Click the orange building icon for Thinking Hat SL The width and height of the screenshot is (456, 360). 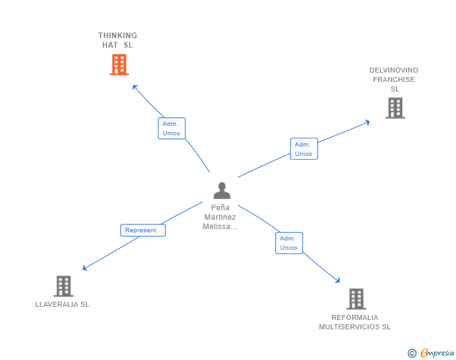coord(118,64)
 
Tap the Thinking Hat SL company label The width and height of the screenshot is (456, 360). coord(118,40)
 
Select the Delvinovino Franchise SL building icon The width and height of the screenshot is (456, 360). coord(395,108)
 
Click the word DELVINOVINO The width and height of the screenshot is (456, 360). coord(394,70)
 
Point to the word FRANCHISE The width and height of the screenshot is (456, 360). coord(394,80)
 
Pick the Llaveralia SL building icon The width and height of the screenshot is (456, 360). coord(63,286)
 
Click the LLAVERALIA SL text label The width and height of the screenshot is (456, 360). coord(63,304)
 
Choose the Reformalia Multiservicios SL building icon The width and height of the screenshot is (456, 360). coord(356,299)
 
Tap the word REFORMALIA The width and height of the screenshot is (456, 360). coord(355,317)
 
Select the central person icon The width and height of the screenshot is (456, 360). coord(221,190)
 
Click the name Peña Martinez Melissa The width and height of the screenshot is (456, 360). coord(220,217)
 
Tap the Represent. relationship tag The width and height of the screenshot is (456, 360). coord(143,230)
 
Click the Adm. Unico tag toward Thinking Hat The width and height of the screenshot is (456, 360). coord(171,128)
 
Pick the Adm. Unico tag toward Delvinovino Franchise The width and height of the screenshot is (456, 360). coord(304,149)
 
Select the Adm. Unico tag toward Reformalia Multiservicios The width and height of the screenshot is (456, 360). coord(289,243)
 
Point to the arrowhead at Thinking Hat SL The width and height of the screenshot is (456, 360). coord(134,86)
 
